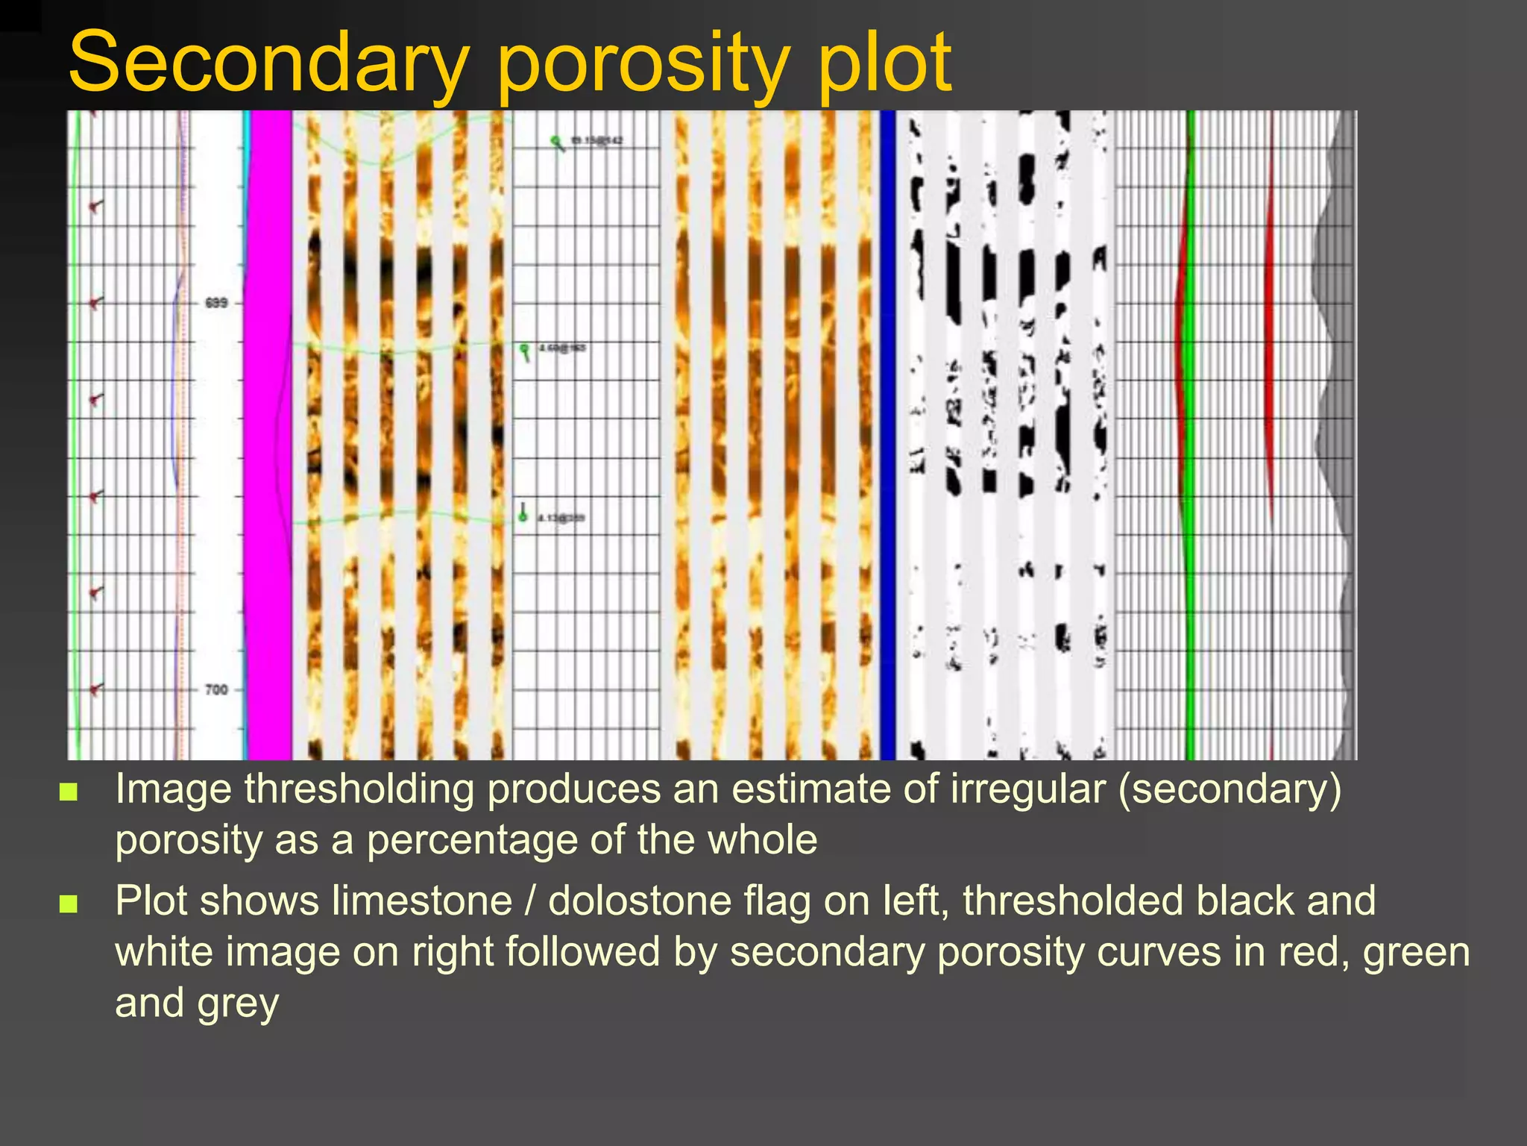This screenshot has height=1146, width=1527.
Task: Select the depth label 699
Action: click(x=216, y=303)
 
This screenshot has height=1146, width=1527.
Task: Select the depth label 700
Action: click(x=216, y=689)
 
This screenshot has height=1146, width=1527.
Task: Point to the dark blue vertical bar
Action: click(x=887, y=433)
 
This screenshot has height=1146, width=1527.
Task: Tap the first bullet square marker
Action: click(x=69, y=792)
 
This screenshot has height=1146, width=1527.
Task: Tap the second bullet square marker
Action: click(x=69, y=904)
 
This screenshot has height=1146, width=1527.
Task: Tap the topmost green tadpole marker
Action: click(x=555, y=141)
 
